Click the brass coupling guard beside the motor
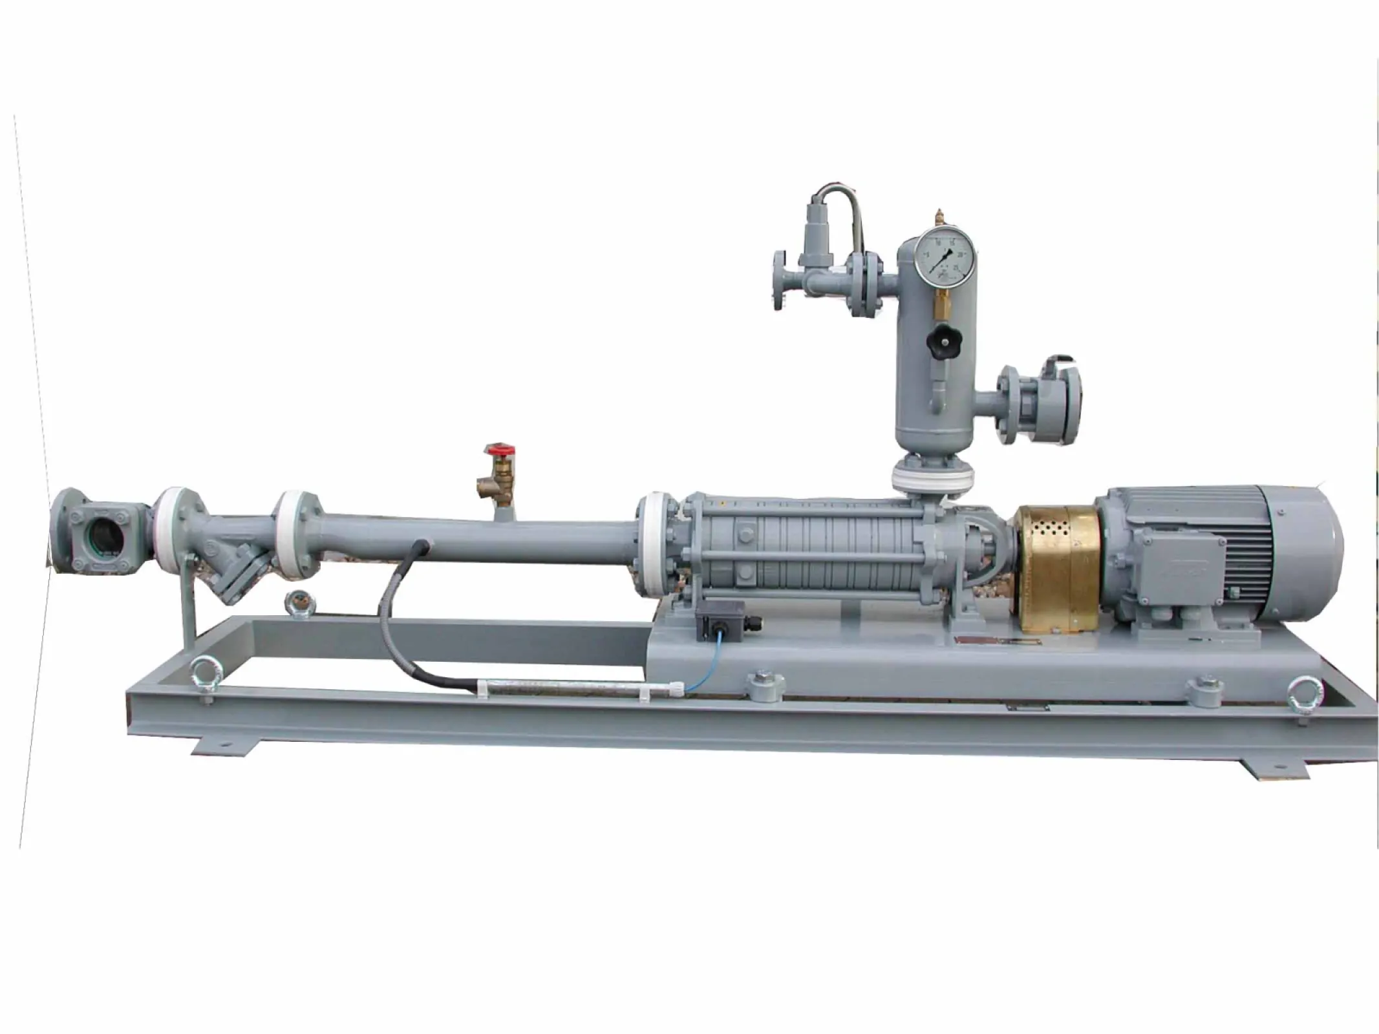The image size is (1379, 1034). click(x=1054, y=568)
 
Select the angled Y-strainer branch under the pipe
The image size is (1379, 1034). click(x=239, y=569)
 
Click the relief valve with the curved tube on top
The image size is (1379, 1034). click(x=813, y=233)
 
